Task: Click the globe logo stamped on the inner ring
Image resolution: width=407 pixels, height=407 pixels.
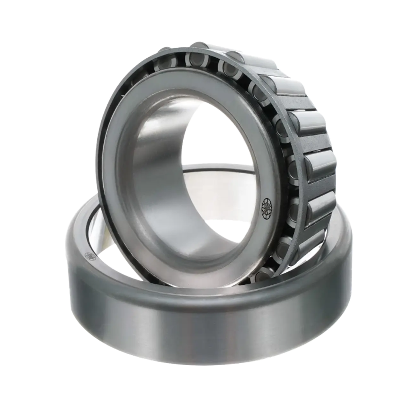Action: pyautogui.click(x=267, y=207)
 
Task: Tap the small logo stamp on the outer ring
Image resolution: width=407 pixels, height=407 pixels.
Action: pyautogui.click(x=90, y=257)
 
